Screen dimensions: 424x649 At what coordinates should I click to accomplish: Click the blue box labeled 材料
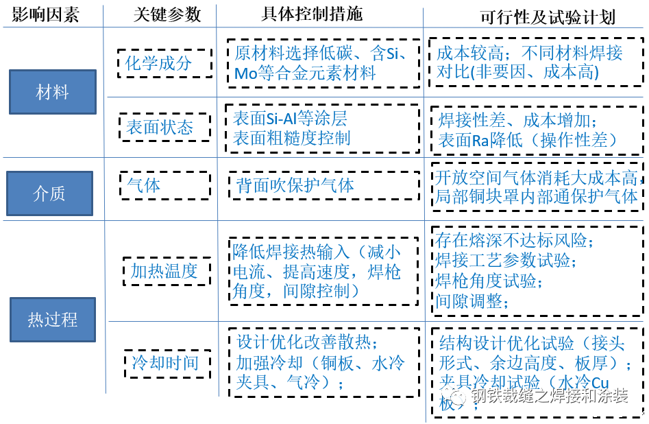coord(52,91)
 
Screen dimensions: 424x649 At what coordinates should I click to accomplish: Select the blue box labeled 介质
coord(49,193)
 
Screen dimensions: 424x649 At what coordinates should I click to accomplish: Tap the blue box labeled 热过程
coord(53,319)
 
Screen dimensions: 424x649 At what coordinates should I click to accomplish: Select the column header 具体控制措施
coord(312,14)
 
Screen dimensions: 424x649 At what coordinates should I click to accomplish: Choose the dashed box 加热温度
coord(164,271)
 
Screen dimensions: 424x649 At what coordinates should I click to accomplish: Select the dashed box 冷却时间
coord(165,362)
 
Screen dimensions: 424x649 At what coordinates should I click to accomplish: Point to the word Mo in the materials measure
coord(245,73)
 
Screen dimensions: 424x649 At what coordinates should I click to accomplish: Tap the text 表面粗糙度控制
coord(292,137)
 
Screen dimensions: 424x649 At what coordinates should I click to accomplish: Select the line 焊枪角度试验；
coord(489,281)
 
